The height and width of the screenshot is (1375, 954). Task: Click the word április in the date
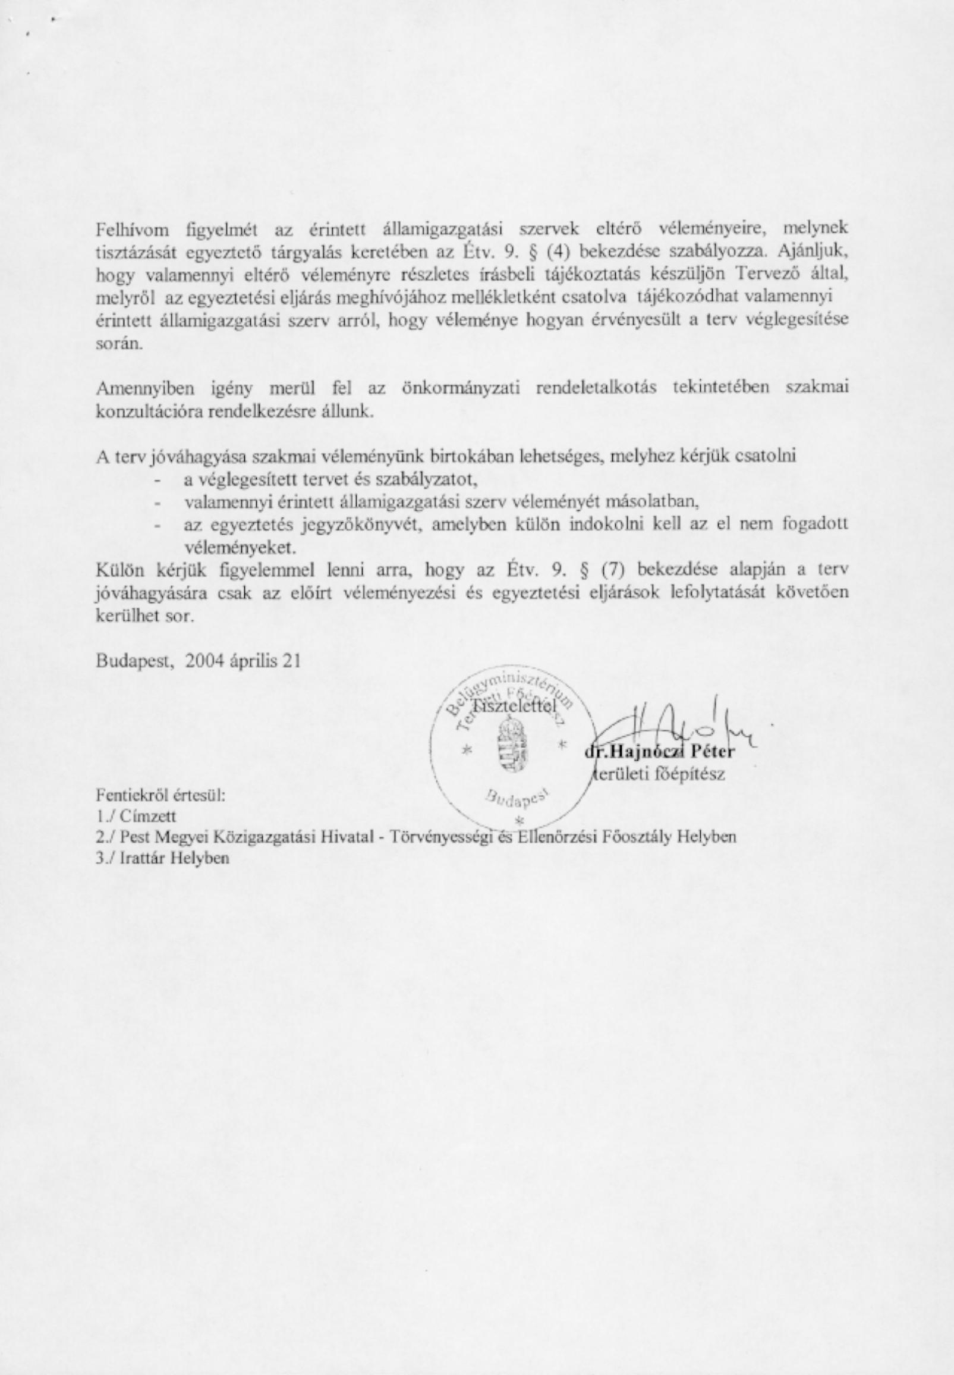(x=257, y=661)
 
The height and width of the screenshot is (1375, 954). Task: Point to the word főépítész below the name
(x=699, y=774)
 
